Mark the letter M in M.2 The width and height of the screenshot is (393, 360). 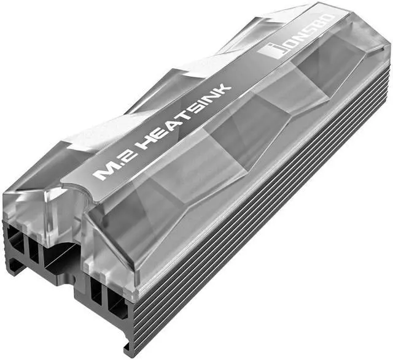pyautogui.click(x=101, y=173)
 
